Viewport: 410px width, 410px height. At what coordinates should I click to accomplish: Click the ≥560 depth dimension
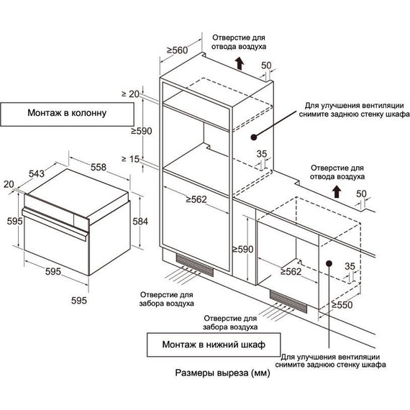[x=177, y=50]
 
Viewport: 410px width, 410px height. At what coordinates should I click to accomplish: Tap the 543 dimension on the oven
[x=37, y=173]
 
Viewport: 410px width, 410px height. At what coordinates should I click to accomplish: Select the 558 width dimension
[x=99, y=167]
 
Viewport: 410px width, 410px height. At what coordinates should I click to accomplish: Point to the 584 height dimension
[x=140, y=222]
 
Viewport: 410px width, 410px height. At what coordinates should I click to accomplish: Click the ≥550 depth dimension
[x=342, y=305]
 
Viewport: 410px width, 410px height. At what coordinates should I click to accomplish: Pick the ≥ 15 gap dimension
[x=130, y=159]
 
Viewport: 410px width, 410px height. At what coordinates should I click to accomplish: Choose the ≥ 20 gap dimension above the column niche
[x=130, y=94]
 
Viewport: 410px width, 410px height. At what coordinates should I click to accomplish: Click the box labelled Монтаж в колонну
[x=67, y=114]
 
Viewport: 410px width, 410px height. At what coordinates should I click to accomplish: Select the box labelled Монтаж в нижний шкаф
[x=214, y=345]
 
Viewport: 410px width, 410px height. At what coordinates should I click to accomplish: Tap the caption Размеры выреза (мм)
[x=222, y=373]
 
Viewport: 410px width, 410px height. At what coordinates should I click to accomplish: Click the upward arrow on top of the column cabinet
[x=240, y=63]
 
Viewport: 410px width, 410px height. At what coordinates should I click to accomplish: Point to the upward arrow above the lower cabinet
[x=337, y=191]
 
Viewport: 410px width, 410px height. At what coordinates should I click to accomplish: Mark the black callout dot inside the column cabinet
[x=253, y=137]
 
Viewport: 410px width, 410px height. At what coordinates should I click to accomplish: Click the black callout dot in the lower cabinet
[x=329, y=263]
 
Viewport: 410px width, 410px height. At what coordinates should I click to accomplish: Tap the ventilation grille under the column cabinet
[x=194, y=265]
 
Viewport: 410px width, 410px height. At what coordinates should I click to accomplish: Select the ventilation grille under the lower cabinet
[x=288, y=301]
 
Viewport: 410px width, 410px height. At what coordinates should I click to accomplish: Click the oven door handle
[x=55, y=224]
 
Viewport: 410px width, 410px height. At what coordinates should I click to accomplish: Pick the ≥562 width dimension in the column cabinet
[x=196, y=199]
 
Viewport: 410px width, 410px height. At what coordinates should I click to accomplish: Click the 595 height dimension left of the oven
[x=14, y=222]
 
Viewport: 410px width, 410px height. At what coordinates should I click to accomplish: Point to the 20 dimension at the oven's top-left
[x=9, y=184]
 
